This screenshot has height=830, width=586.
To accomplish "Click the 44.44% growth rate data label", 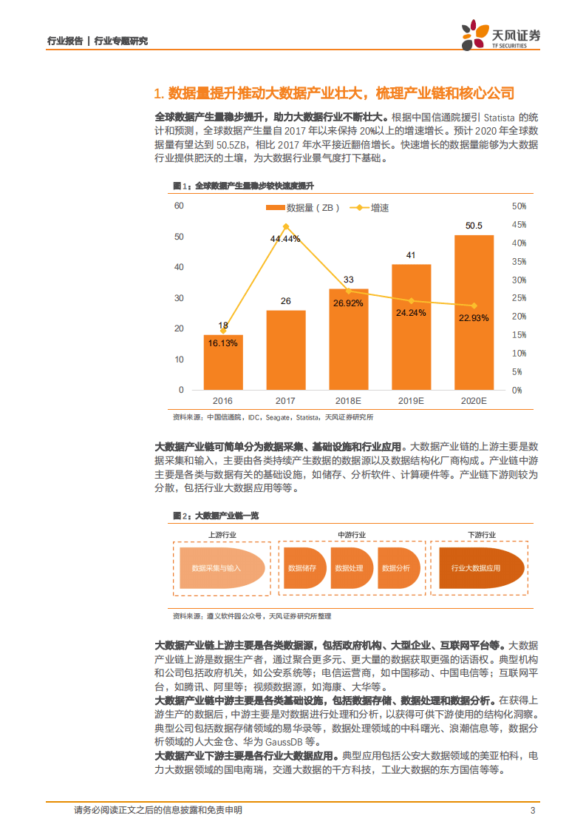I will click(285, 239).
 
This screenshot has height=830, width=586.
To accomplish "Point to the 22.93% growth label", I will click(474, 318).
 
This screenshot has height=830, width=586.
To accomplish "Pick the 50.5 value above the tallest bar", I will click(474, 226).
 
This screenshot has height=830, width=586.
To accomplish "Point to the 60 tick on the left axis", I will click(178, 206).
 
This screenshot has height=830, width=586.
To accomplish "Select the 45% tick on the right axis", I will click(519, 225).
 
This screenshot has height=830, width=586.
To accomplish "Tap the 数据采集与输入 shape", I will click(217, 568).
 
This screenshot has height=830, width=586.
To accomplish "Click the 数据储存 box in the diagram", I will click(302, 568).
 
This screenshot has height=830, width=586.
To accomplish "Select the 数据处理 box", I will click(349, 568).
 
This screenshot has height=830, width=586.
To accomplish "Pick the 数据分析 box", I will click(395, 568).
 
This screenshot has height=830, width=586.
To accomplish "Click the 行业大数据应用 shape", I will click(476, 568).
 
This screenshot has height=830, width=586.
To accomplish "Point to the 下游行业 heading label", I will click(481, 534).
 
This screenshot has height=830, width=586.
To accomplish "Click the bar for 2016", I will click(223, 362).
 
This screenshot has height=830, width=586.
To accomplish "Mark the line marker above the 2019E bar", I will click(411, 300).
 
